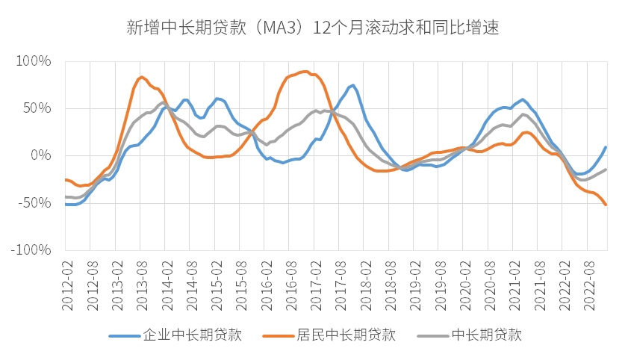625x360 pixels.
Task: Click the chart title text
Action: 312,28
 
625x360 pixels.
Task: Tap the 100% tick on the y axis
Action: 33,60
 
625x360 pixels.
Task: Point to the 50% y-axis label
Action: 36,108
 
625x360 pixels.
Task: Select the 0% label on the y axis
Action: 40,155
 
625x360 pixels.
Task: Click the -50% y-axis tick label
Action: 34,203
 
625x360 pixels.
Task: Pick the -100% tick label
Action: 31,250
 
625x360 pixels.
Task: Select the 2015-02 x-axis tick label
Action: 214,278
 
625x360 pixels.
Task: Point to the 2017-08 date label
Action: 338,278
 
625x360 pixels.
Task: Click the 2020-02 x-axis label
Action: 462,278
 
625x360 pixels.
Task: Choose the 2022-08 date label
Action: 586,278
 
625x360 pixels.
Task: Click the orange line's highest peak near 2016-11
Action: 305,72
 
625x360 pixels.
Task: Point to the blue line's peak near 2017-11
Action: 352,85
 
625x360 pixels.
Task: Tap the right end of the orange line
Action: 605,205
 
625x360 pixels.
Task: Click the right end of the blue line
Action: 605,147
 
